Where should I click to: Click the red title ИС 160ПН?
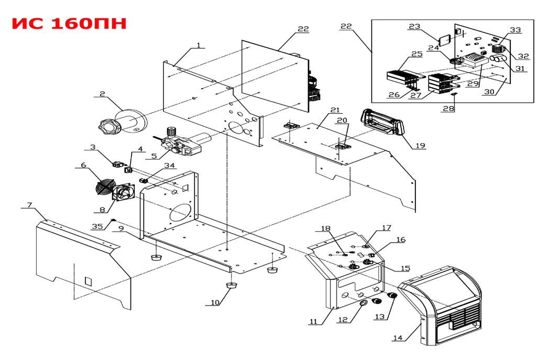[x=69, y=24]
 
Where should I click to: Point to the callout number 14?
[x=398, y=338]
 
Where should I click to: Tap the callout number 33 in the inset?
[x=515, y=30]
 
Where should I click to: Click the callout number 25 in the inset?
[x=417, y=54]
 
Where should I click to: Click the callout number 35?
[x=97, y=226]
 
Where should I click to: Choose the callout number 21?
[x=335, y=110]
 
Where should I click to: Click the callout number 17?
[x=387, y=228]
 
